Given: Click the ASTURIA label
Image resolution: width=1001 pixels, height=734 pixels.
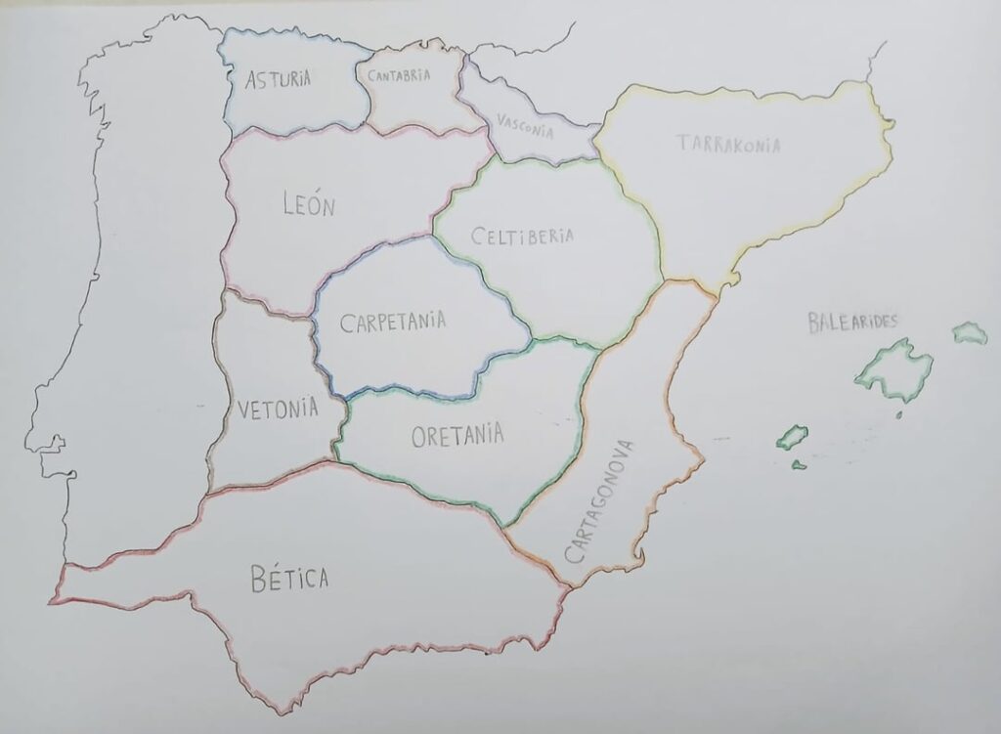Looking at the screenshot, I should (279, 79).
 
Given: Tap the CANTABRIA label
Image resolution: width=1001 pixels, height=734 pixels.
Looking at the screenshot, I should (399, 74).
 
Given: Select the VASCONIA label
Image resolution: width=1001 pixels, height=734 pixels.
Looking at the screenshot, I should (525, 126).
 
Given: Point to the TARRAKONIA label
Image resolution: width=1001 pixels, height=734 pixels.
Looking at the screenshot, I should (729, 145).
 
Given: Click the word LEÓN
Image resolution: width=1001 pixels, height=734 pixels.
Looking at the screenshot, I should (308, 206).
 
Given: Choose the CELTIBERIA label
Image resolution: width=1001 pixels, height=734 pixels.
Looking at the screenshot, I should (521, 237).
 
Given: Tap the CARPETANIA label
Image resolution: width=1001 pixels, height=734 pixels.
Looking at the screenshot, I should (393, 322).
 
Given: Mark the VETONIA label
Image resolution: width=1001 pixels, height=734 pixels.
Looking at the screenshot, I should (278, 408).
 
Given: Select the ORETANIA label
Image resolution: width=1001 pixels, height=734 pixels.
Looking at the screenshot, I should (457, 435).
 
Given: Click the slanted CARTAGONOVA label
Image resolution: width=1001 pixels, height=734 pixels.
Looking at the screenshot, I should (599, 501).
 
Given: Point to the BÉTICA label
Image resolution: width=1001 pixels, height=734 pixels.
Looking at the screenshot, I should (289, 580).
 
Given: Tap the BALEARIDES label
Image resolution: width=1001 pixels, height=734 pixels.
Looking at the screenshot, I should (852, 323).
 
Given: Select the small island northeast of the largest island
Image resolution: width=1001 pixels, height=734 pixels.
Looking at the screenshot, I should (969, 333).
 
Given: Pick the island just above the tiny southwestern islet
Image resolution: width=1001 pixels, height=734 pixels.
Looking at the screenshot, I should (792, 436).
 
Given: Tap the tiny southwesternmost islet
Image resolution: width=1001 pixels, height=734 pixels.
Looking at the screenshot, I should (799, 464).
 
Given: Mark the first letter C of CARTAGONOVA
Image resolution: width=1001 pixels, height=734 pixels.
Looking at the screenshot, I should (573, 555).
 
